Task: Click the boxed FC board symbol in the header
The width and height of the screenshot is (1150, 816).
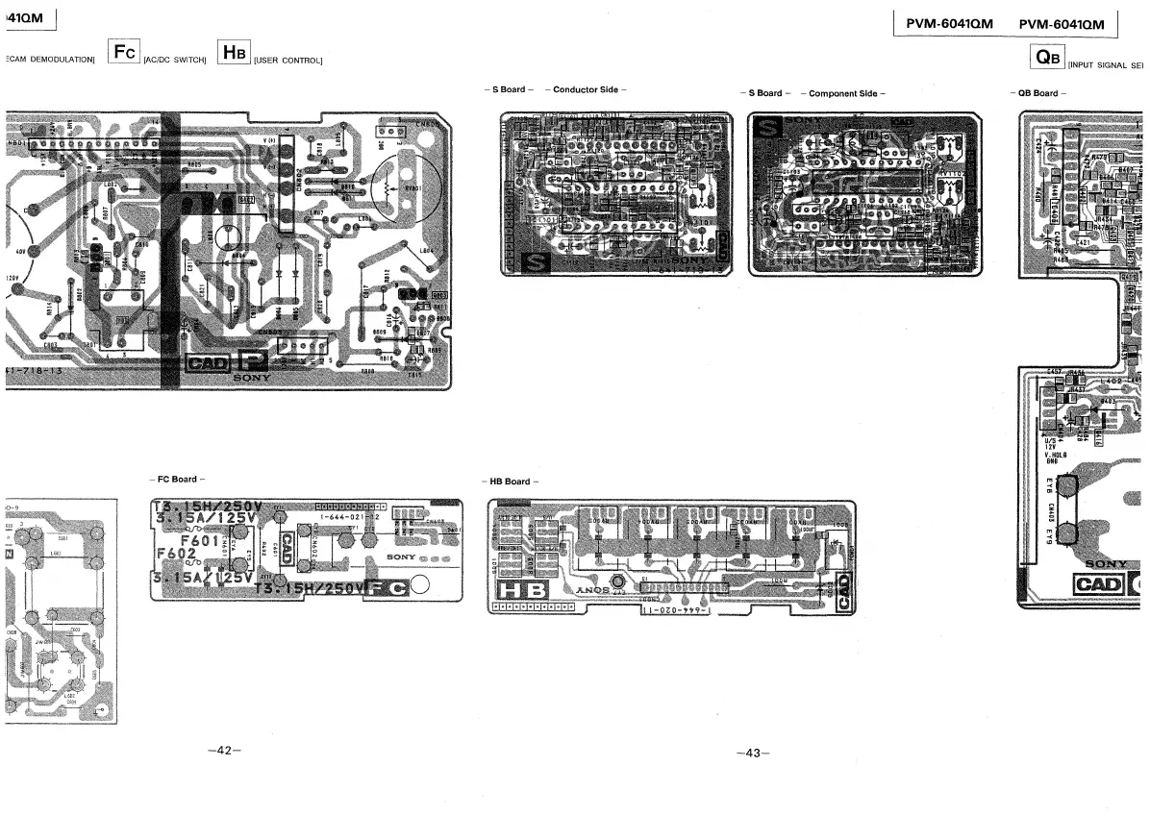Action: pos(124,52)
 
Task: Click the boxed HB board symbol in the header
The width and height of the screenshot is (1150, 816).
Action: pos(234,52)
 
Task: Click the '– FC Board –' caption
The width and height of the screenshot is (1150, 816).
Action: pos(178,479)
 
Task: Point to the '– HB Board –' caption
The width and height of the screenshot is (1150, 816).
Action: pos(509,482)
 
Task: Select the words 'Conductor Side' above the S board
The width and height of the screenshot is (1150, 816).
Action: pos(585,89)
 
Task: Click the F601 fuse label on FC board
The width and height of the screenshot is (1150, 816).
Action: pos(201,539)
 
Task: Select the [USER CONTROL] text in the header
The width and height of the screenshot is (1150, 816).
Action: pos(287,61)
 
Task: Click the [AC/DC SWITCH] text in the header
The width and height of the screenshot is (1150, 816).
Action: pos(175,61)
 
